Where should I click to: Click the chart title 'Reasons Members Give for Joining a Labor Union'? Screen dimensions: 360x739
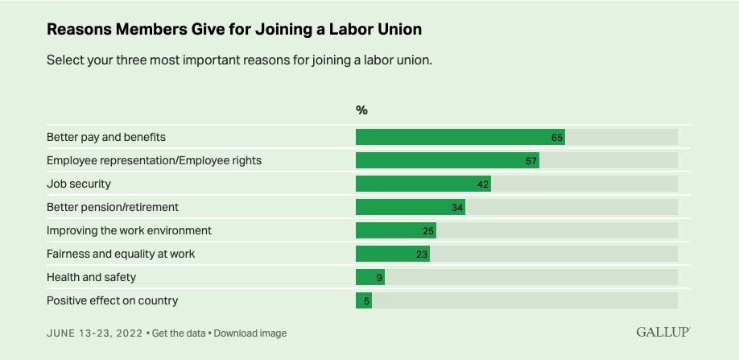tap(234, 29)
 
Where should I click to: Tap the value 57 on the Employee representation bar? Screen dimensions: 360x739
tap(531, 160)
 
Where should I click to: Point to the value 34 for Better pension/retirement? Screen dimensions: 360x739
tap(457, 207)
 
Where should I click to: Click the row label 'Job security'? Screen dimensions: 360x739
tap(78, 184)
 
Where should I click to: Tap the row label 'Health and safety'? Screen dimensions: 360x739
tap(91, 277)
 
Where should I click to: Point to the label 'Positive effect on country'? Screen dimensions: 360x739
tap(112, 300)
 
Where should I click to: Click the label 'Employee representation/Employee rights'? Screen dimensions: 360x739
tap(154, 160)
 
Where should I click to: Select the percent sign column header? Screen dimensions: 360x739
tap(361, 110)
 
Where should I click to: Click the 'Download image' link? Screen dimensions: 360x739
tap(250, 333)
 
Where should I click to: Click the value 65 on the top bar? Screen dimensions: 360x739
tap(557, 137)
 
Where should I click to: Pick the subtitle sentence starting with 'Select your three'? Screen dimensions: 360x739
tap(239, 60)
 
